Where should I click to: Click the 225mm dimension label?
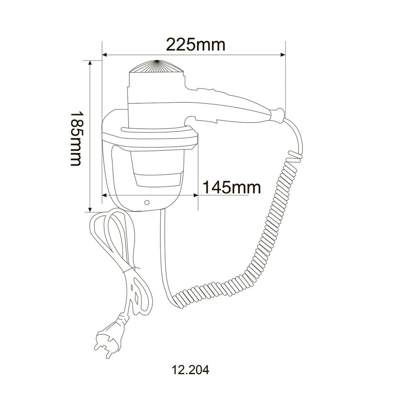[196, 44]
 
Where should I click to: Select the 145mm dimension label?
[231, 187]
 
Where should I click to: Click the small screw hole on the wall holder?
[147, 202]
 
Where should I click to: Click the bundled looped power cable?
[119, 254]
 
